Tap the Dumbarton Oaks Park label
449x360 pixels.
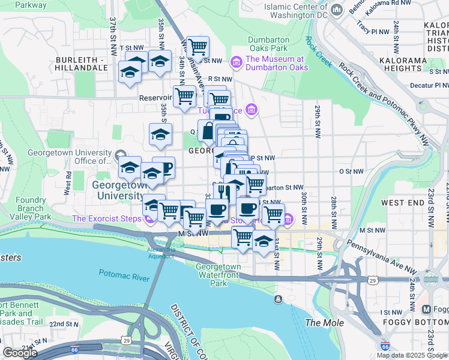pos(269,44)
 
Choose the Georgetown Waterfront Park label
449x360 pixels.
pos(218,275)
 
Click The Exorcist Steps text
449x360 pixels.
pos(106,219)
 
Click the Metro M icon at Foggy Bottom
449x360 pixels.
pos(427,310)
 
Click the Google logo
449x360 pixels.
pos(20,353)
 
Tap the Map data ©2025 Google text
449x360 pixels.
pos(412,355)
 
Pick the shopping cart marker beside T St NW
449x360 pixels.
pos(197,46)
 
